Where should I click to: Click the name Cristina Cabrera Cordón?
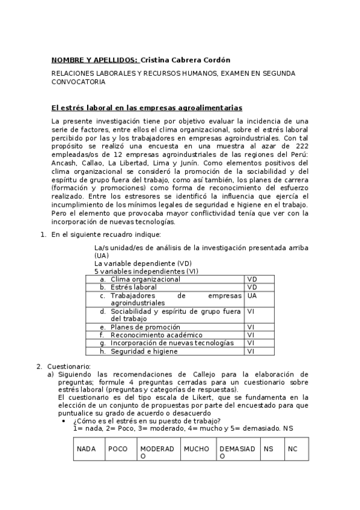click(x=185, y=60)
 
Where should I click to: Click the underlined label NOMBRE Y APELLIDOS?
click(x=94, y=60)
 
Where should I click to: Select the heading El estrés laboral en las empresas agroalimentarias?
click(x=147, y=108)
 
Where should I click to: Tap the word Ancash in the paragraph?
click(x=65, y=163)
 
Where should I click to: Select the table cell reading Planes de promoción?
click(x=145, y=327)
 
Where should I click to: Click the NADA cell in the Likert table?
click(x=87, y=449)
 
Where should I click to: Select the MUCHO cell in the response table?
click(x=197, y=449)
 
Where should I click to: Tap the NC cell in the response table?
click(x=293, y=449)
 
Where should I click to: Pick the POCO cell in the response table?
click(x=118, y=449)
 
